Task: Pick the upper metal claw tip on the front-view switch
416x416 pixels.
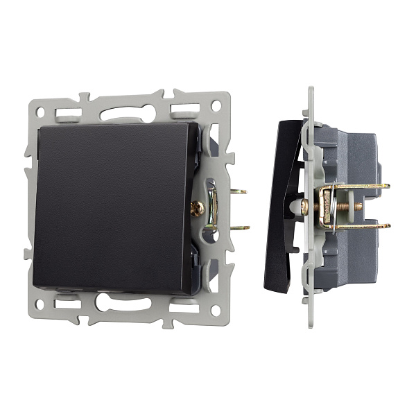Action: (239, 192)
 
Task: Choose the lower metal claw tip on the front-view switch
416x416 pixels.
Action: (239, 227)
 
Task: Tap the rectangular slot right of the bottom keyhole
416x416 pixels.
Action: (182, 302)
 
